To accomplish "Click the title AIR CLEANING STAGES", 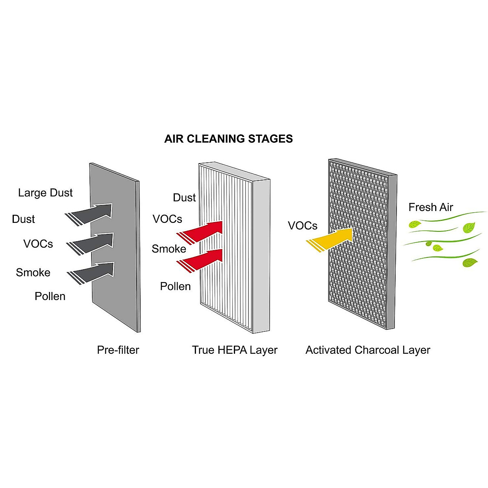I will tap(228, 139).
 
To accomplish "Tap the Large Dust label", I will tap(45, 192).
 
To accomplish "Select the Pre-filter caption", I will tap(118, 350).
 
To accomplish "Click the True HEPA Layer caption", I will tap(235, 350).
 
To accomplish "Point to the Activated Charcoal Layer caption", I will tap(368, 350).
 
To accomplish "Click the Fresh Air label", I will tap(431, 207).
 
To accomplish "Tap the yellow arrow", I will tap(331, 238).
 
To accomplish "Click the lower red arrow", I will tap(203, 259).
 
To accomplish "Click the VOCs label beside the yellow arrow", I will tap(303, 225).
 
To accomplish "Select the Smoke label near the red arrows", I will tap(169, 248).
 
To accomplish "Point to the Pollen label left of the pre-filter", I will tap(50, 296).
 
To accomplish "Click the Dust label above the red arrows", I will tap(184, 198).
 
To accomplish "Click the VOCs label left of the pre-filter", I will tap(38, 244).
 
